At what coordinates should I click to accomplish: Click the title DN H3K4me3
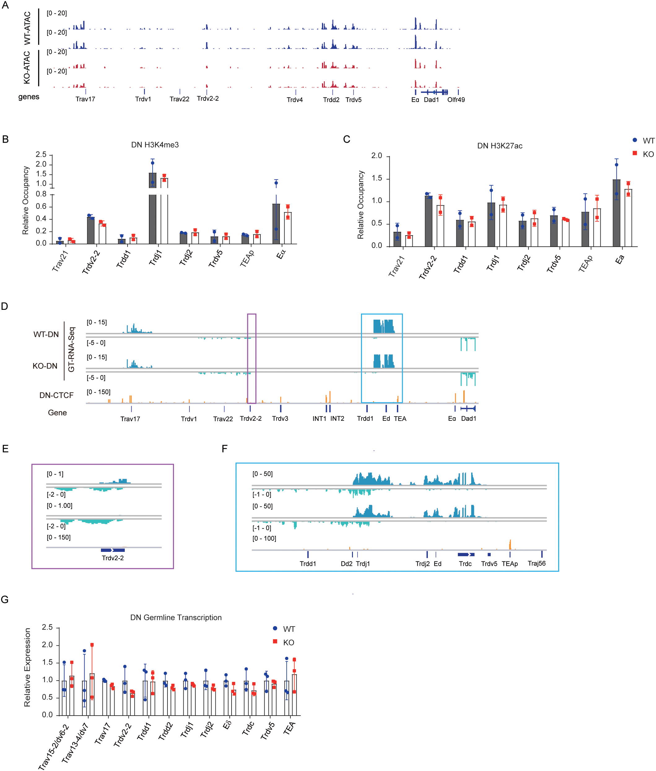(155, 145)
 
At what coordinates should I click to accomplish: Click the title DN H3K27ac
(499, 146)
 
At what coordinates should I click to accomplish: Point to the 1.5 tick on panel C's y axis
(377, 179)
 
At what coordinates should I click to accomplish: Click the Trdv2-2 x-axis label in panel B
(91, 262)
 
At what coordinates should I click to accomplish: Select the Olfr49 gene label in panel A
(456, 100)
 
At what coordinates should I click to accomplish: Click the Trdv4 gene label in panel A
(294, 100)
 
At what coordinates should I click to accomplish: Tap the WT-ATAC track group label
(28, 28)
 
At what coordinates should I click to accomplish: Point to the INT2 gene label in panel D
(337, 418)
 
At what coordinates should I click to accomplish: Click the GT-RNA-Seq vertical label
(72, 349)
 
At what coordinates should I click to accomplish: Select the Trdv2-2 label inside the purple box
(113, 558)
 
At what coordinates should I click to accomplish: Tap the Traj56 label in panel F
(537, 563)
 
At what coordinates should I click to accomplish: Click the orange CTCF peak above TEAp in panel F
(510, 545)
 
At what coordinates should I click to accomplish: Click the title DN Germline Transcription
(176, 617)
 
